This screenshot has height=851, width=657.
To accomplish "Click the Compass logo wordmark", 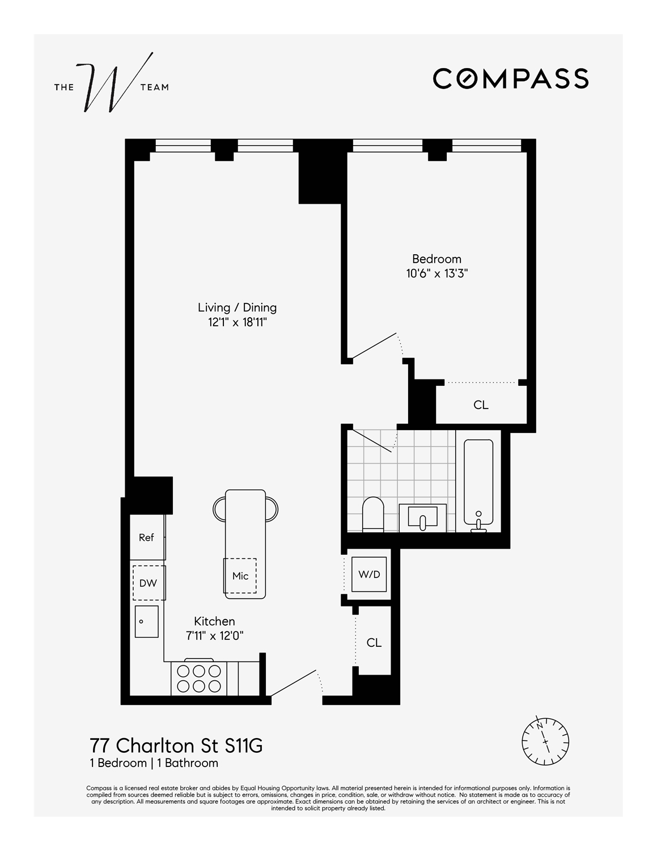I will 510,78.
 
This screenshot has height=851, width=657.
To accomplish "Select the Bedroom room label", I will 436,259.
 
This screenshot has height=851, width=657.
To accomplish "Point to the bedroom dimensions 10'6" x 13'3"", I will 436,273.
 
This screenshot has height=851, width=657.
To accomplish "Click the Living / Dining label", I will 237,307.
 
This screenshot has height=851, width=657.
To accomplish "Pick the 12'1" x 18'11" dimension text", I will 237,322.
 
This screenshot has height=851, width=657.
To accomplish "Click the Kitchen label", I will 214,621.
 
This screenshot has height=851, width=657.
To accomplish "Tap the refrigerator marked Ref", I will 147,537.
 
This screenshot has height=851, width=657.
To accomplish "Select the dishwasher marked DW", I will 149,583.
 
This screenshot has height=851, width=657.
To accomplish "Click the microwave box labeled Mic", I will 240,575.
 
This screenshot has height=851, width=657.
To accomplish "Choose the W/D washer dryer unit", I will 369,574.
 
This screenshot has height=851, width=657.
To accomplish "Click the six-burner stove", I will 198,678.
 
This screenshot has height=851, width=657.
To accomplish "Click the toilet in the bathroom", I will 373,513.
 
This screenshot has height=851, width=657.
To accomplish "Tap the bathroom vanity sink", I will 423,517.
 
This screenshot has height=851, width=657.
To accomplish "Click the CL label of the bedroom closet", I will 481,405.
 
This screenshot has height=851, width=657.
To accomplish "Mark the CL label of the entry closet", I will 374,643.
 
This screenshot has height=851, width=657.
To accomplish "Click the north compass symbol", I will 545,741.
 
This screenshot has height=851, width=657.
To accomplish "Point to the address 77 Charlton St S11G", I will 176,745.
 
